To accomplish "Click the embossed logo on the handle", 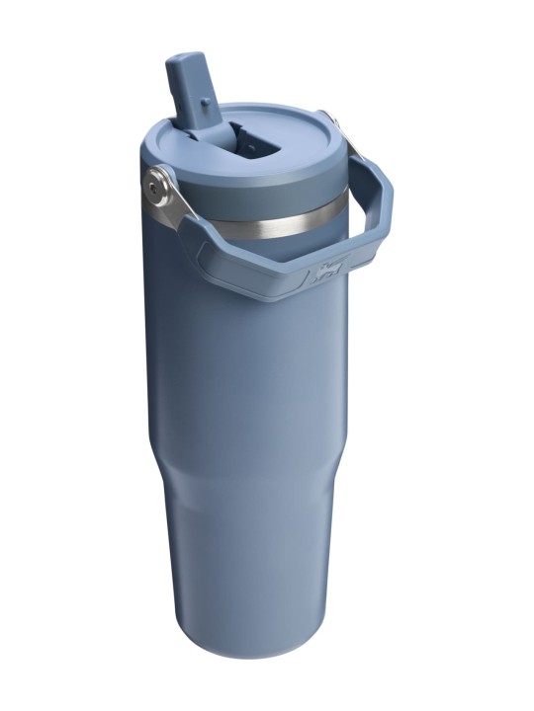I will (330, 271).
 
